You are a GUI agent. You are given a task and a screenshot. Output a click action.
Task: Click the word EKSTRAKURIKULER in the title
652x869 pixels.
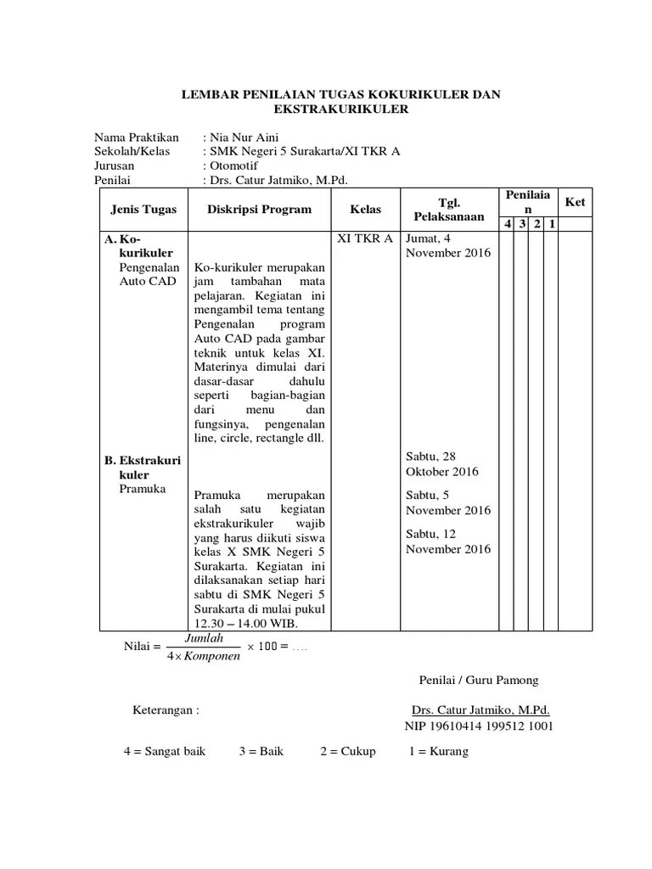pyautogui.click(x=341, y=110)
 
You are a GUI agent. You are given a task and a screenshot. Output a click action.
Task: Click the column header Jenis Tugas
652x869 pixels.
pyautogui.click(x=139, y=210)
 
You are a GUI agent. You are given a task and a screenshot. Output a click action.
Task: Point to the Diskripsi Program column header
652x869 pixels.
pyautogui.click(x=259, y=210)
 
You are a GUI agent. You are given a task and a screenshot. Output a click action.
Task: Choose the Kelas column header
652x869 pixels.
pyautogui.click(x=365, y=210)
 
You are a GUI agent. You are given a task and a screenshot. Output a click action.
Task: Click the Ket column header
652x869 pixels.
pyautogui.click(x=576, y=203)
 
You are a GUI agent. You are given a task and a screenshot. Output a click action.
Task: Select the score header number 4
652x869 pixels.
pyautogui.click(x=507, y=224)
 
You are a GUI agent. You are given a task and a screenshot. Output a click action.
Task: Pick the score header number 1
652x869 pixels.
pyautogui.click(x=552, y=224)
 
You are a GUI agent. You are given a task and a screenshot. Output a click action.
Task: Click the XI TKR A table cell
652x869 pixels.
pyautogui.click(x=365, y=238)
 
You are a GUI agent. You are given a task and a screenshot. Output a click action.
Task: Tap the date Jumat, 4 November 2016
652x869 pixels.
pyautogui.click(x=447, y=245)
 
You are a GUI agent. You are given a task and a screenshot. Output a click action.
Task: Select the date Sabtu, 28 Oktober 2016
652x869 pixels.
pyautogui.click(x=442, y=464)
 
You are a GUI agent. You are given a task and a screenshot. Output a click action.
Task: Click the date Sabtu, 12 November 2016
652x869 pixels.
pyautogui.click(x=447, y=541)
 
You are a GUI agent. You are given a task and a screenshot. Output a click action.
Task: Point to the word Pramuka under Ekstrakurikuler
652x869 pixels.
pyautogui.click(x=143, y=490)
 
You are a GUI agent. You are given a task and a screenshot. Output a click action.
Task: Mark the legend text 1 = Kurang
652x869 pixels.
pyautogui.click(x=438, y=752)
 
